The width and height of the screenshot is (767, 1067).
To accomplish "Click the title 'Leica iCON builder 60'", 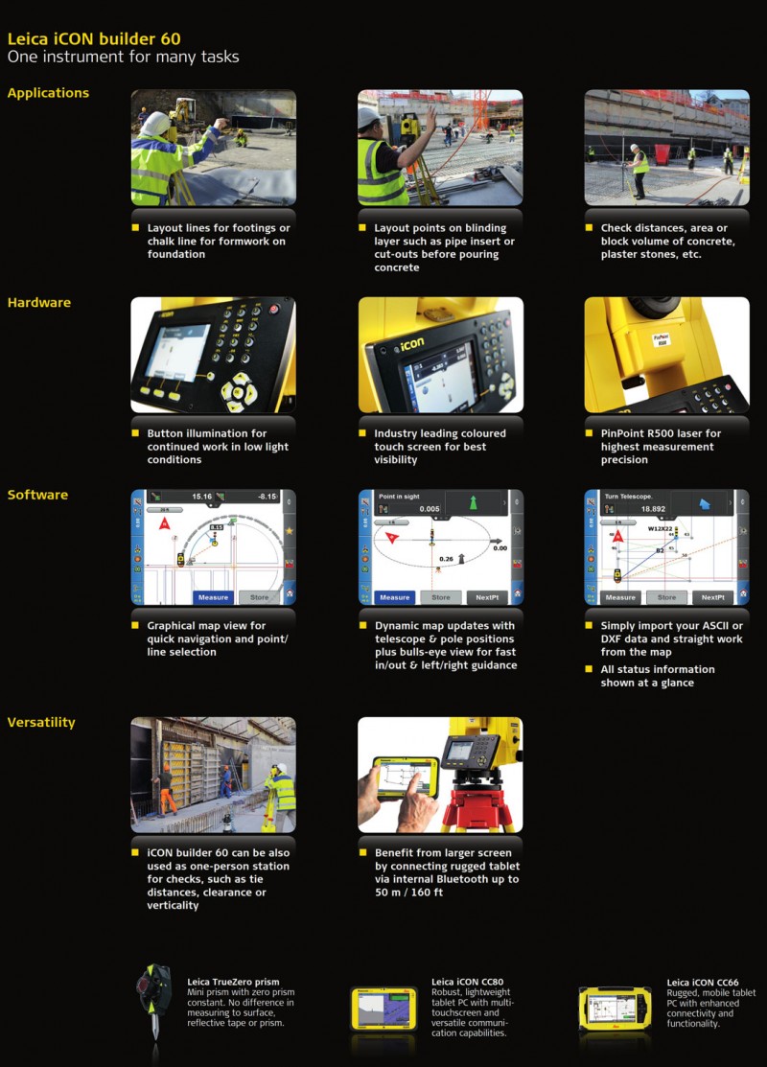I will (93, 39).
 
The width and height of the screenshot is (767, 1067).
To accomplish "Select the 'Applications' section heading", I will (48, 93).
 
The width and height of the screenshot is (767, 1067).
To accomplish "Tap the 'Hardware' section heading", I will (39, 303).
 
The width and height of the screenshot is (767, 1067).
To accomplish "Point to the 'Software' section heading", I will (37, 495).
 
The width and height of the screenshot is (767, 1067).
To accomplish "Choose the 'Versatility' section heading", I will (41, 722).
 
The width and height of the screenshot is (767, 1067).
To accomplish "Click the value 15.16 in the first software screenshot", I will (201, 497).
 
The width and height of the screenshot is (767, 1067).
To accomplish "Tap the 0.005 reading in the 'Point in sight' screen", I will (429, 509).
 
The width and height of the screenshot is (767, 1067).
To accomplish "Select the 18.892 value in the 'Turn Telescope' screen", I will (653, 509).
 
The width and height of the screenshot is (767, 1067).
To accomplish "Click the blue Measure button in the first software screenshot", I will (213, 597).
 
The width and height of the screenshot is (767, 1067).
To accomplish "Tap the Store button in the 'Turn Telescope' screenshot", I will (666, 597).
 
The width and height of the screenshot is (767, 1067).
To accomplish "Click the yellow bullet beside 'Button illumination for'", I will (136, 433).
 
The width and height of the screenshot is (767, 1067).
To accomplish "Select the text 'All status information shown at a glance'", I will (657, 676).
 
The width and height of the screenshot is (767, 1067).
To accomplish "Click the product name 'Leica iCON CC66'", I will (702, 983).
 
